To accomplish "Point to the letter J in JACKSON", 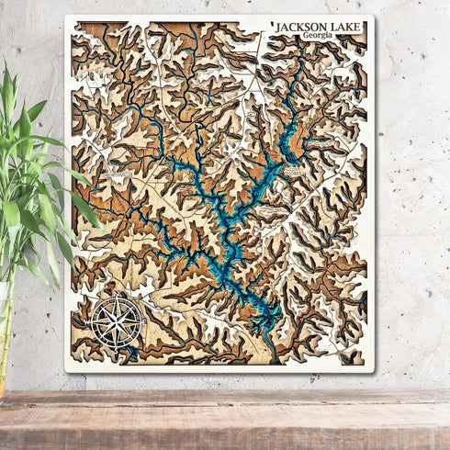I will tap(277, 28).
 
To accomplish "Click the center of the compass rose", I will tap(118, 321).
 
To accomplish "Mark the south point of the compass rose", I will tap(118, 348).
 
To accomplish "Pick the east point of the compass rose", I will tap(144, 321).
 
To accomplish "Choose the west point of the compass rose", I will tap(91, 321).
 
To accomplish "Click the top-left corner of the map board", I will tap(66, 17).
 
